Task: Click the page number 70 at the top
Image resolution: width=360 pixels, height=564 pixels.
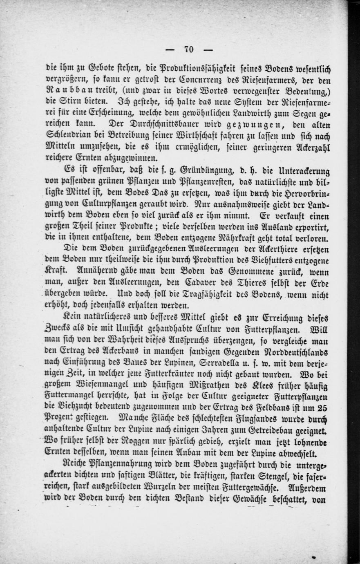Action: click(x=189, y=49)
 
